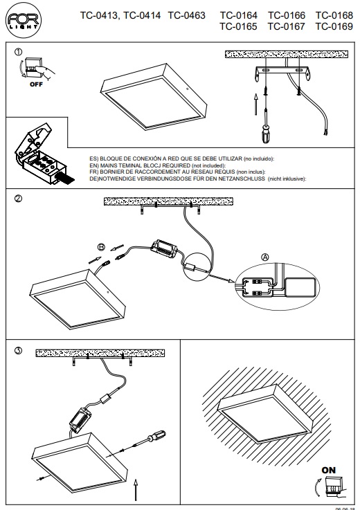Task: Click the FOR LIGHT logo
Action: click(x=24, y=20)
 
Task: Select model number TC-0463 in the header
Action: click(x=186, y=15)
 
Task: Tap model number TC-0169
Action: click(x=334, y=26)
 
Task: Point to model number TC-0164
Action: click(x=238, y=15)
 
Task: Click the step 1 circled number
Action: click(x=19, y=52)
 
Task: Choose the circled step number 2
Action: click(x=19, y=199)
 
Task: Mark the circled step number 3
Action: click(x=19, y=350)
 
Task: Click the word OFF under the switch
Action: click(x=36, y=84)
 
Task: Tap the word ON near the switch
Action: click(x=328, y=470)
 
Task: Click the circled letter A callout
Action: click(x=265, y=257)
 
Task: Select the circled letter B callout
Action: click(x=101, y=247)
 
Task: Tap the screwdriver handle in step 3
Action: click(x=157, y=435)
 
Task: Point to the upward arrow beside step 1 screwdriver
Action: click(x=256, y=102)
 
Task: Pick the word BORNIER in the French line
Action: click(x=112, y=172)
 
